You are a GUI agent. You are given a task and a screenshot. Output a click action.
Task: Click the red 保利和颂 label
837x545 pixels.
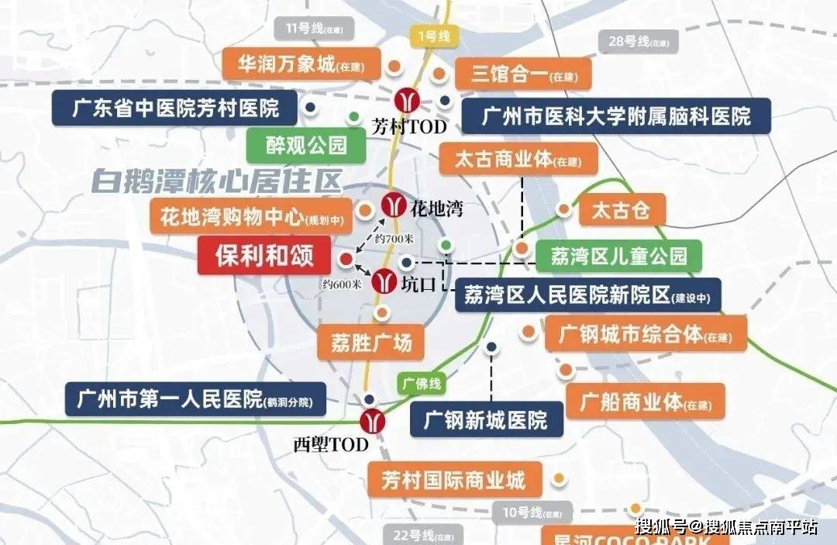(x=264, y=256)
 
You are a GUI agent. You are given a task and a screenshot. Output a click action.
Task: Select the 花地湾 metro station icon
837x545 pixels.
(x=394, y=205)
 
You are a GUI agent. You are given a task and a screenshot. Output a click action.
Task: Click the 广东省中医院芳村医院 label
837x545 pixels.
(x=175, y=107)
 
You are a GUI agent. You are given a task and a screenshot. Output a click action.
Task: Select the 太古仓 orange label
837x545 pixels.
(x=620, y=209)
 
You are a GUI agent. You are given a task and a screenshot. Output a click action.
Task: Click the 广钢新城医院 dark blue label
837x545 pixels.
(x=486, y=419)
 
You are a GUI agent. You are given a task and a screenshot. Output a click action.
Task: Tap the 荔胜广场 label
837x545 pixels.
(x=371, y=341)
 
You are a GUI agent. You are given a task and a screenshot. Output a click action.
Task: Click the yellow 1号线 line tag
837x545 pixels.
(x=433, y=36)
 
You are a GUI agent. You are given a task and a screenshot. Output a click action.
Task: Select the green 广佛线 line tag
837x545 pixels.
(x=422, y=383)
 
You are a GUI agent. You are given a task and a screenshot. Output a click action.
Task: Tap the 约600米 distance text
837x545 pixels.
(x=342, y=284)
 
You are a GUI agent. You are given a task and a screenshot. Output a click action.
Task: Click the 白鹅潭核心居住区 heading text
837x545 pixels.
(x=216, y=181)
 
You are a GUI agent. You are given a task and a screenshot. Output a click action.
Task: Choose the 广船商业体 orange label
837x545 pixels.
(x=646, y=402)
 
